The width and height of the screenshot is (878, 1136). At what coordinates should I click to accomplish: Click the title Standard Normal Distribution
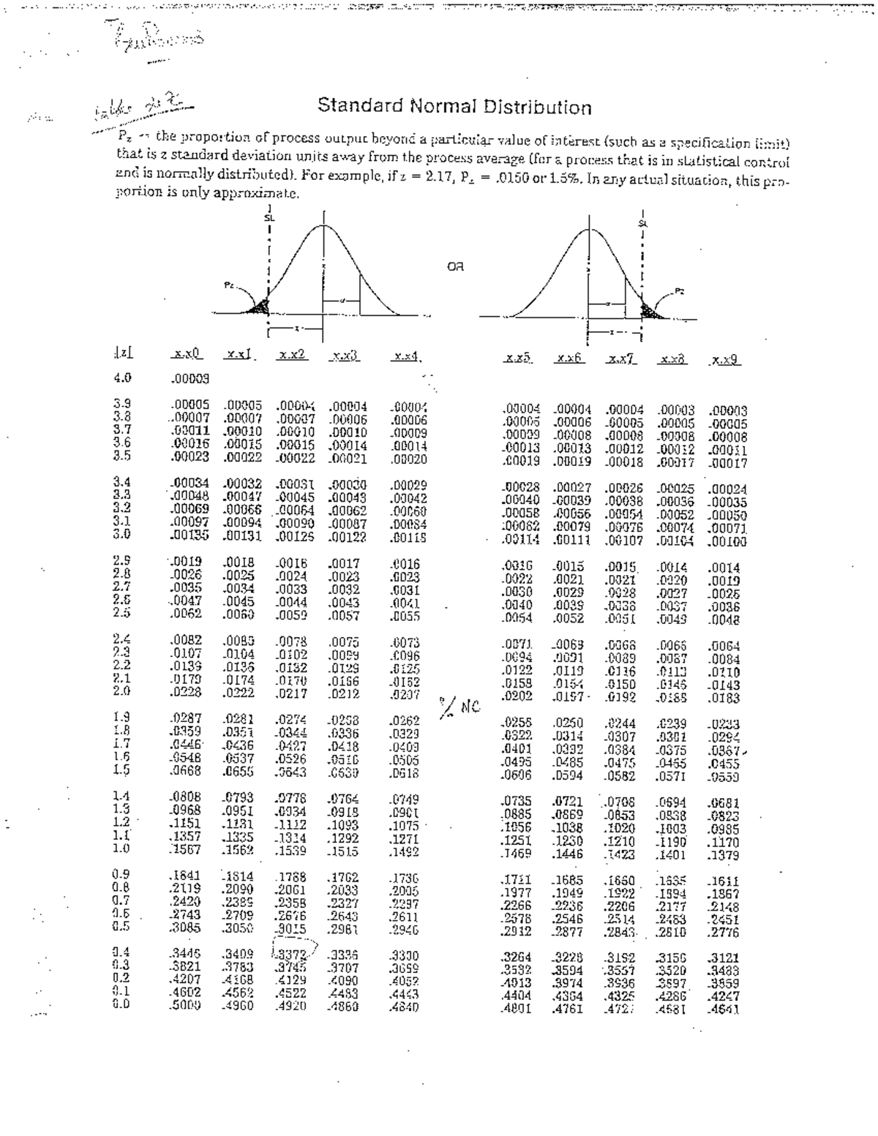pyautogui.click(x=454, y=108)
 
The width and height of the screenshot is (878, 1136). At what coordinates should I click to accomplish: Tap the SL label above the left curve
pyautogui.click(x=269, y=217)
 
